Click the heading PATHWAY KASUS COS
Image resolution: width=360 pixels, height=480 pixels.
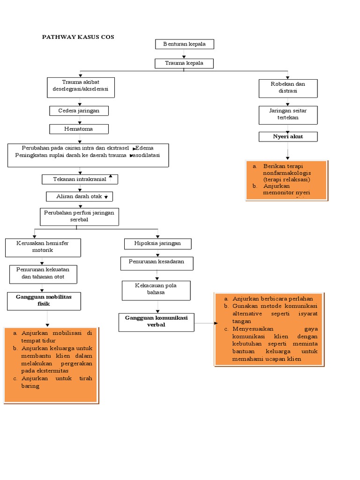point(78,37)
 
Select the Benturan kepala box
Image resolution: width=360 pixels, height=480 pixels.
point(184,44)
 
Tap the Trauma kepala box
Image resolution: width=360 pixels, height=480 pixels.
point(184,63)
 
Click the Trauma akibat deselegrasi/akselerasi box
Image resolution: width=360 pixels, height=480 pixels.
point(81,87)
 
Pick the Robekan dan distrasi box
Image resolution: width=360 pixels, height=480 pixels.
point(288,88)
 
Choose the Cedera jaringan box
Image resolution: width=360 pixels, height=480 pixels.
point(79,111)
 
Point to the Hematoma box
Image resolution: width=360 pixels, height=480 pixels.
point(79,129)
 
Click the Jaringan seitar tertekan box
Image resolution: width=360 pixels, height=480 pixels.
point(288,114)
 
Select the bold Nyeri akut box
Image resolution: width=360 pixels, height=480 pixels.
point(288,136)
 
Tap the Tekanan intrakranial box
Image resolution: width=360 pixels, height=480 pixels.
point(80,180)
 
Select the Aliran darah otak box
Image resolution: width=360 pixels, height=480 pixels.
point(79,196)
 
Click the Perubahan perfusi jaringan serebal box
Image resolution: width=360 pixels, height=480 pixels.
point(79,217)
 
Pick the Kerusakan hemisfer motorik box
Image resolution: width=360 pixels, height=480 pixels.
point(43,247)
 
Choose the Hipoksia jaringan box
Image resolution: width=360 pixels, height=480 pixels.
point(158,244)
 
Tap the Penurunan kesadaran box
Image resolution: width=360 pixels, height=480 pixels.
point(157,263)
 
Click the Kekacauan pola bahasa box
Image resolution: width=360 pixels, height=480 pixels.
point(157,290)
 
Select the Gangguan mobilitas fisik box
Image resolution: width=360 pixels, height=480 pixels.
point(44,301)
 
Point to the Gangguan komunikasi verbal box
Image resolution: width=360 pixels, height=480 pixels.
point(156,322)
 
